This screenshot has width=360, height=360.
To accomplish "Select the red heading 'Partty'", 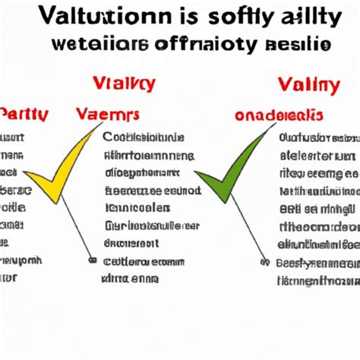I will point(25,115).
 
